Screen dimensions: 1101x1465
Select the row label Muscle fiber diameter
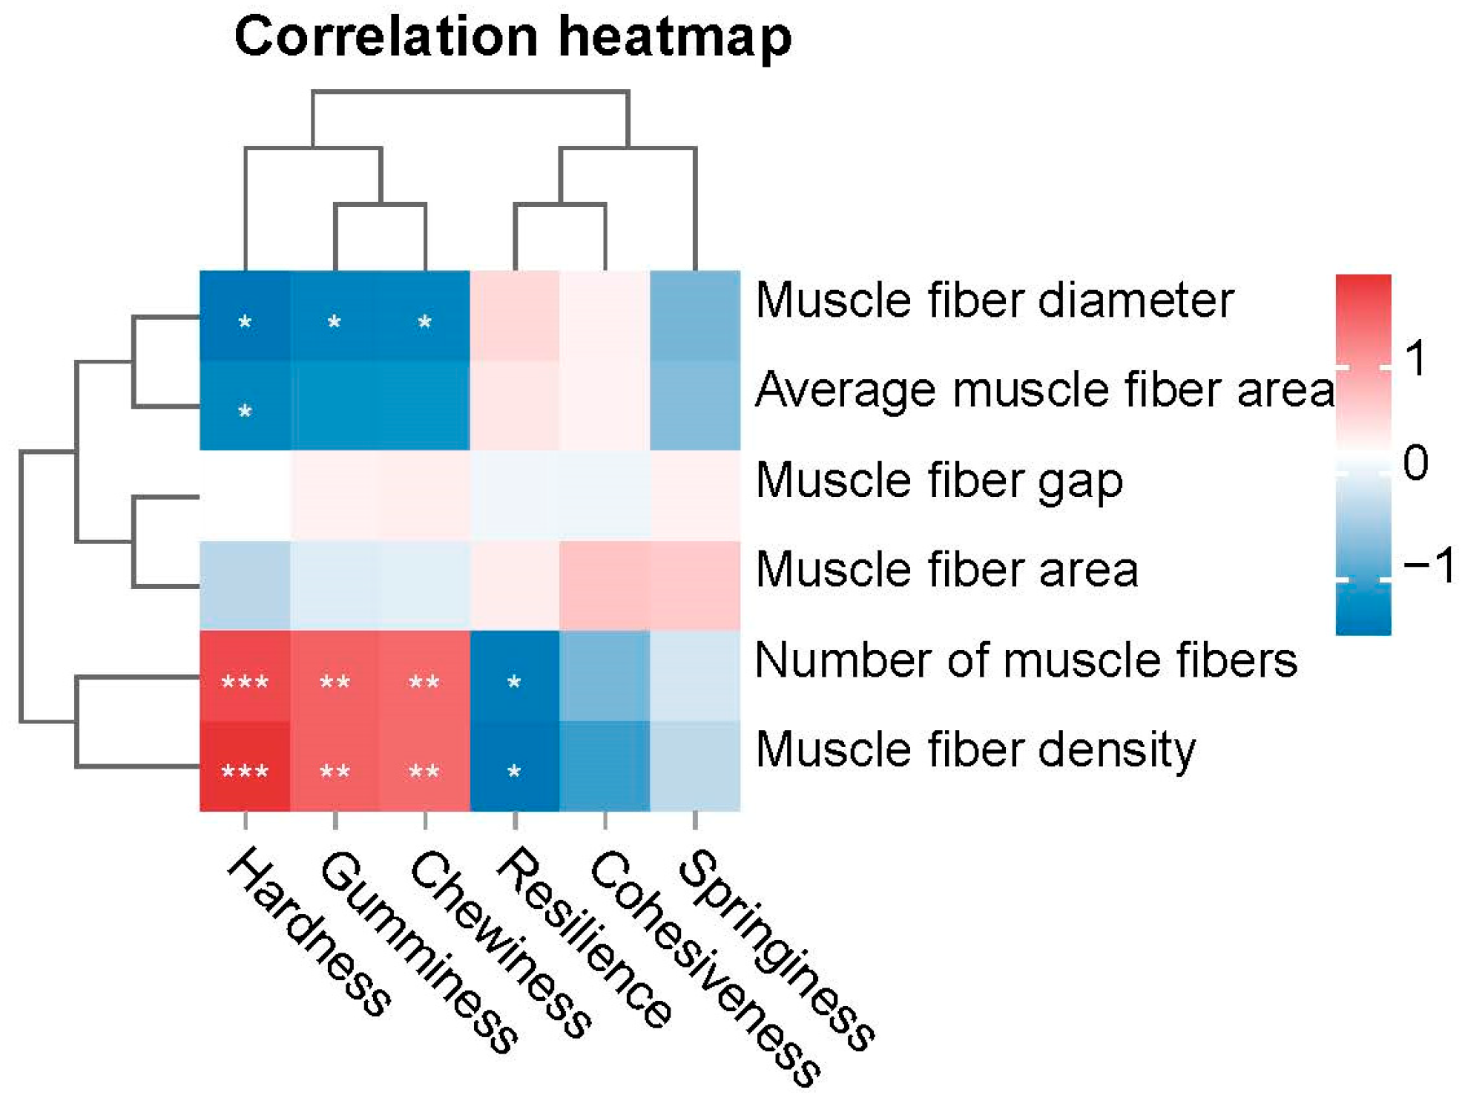click(x=994, y=300)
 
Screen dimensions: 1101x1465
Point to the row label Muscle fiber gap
click(x=938, y=481)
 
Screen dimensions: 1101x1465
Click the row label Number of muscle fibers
click(x=1026, y=660)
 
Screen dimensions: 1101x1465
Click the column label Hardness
click(x=308, y=932)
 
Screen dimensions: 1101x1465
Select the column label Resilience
click(x=583, y=939)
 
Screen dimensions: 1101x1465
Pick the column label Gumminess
click(x=419, y=953)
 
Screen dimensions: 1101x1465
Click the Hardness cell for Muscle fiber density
click(x=245, y=766)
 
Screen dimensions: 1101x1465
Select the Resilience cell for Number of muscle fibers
click(x=515, y=676)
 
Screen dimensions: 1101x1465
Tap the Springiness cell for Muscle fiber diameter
click(x=695, y=316)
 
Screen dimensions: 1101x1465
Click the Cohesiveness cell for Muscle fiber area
click(x=605, y=586)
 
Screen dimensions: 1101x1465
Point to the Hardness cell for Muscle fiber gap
click(x=245, y=496)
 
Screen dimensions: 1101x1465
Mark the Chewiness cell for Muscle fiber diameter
click(x=425, y=316)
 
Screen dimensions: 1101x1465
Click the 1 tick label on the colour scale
click(x=1415, y=360)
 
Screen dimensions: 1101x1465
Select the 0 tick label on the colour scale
click(x=1415, y=464)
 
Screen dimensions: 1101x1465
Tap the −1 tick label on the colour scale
click(x=1429, y=566)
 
